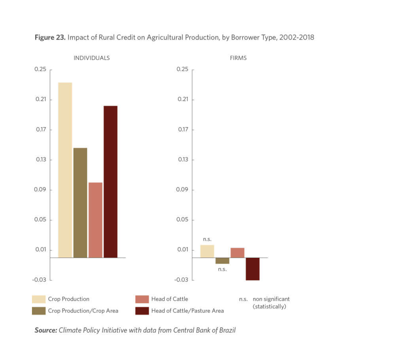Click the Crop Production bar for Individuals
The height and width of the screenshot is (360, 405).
pyautogui.click(x=65, y=170)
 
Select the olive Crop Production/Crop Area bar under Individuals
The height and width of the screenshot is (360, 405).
pyautogui.click(x=80, y=203)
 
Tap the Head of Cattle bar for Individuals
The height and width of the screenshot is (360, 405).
pyautogui.click(x=95, y=220)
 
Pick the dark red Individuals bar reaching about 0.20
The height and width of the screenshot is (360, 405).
pyautogui.click(x=110, y=182)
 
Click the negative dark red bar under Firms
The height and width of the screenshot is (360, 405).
pyautogui.click(x=253, y=269)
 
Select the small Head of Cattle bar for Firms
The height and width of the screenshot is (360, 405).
pyautogui.click(x=237, y=253)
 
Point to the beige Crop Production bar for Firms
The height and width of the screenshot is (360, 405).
pyautogui.click(x=207, y=251)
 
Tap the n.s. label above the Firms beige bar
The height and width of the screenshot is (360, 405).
pyautogui.click(x=207, y=239)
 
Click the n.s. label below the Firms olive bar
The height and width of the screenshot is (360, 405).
pyautogui.click(x=222, y=269)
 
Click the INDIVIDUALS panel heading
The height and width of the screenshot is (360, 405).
pyautogui.click(x=91, y=58)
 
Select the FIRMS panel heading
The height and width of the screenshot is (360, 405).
pyautogui.click(x=238, y=58)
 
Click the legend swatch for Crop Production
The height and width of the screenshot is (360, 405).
pyautogui.click(x=38, y=299)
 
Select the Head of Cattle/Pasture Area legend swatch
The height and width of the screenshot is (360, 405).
pyautogui.click(x=142, y=311)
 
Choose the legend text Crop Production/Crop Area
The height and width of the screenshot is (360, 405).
pyautogui.click(x=83, y=311)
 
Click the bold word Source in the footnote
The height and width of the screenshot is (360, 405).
pyautogui.click(x=46, y=330)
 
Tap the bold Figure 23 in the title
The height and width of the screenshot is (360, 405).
pyautogui.click(x=50, y=38)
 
